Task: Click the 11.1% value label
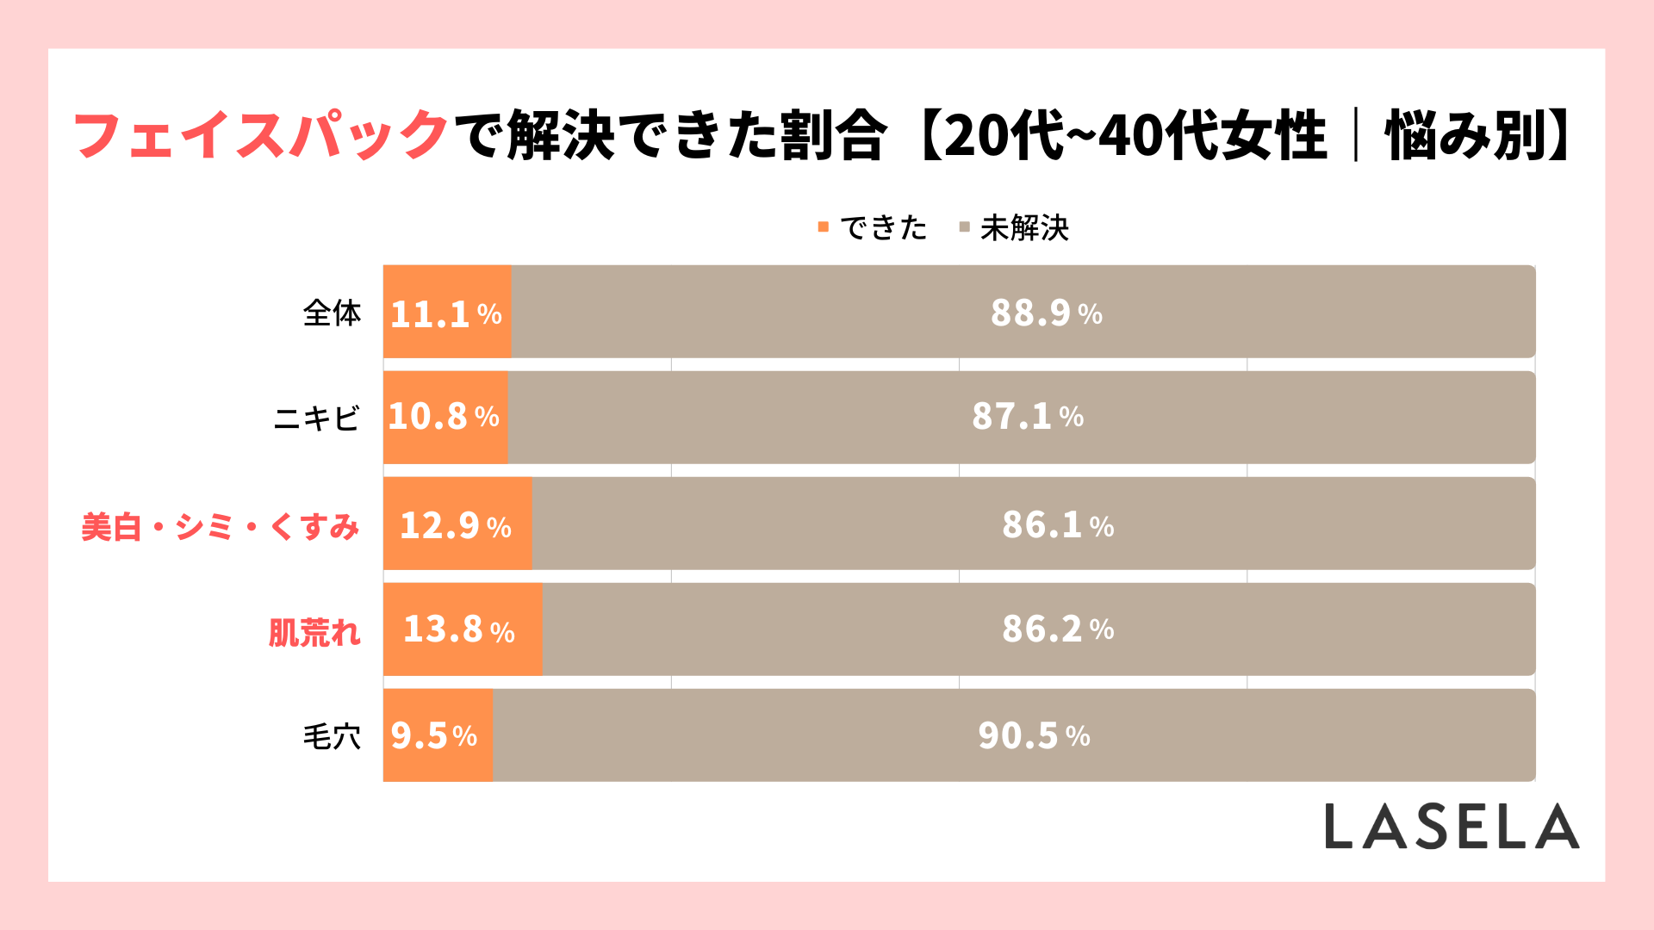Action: point(445,313)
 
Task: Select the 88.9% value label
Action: point(1046,313)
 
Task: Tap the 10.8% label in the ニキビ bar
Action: point(444,417)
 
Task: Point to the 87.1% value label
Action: point(1028,417)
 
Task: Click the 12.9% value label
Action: point(456,525)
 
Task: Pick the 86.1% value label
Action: point(1058,525)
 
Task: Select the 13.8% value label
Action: point(459,629)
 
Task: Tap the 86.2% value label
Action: point(1058,629)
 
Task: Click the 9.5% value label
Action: point(433,736)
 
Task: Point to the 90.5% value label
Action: point(1034,736)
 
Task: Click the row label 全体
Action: point(332,313)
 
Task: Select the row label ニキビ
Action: point(316,418)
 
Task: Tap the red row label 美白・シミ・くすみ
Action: point(220,527)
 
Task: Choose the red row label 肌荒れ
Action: point(314,633)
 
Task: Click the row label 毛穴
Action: point(332,737)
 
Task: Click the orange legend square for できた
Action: point(823,227)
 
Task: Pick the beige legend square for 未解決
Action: point(964,227)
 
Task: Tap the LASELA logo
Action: point(1452,827)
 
